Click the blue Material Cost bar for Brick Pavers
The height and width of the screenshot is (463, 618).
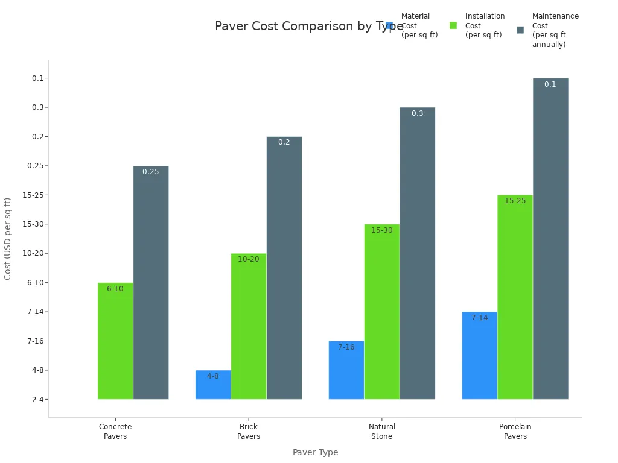213,386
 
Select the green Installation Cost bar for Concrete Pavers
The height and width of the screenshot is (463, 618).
115,344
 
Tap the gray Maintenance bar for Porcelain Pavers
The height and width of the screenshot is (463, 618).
550,241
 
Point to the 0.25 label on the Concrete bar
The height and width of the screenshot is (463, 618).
151,172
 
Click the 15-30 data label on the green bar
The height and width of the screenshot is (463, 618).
381,230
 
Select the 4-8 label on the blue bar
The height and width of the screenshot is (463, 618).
213,376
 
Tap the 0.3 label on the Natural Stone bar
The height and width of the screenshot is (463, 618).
417,113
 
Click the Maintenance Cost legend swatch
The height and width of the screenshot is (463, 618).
520,30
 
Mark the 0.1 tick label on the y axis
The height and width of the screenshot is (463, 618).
38,78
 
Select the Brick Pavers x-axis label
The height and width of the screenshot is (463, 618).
249,432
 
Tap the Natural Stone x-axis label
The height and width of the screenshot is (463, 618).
381,432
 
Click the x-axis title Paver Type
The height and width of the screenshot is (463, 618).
315,452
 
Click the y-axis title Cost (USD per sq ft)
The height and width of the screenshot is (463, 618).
8,238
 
